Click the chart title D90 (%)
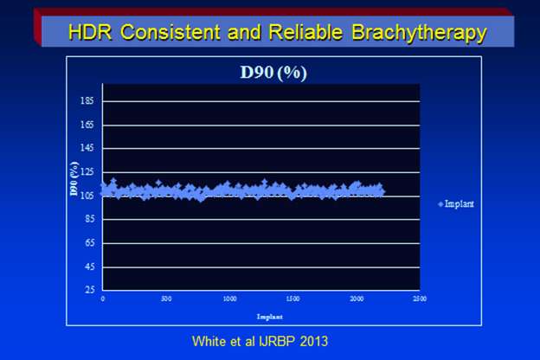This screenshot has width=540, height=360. [x=273, y=72]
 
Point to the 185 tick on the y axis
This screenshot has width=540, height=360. [x=87, y=100]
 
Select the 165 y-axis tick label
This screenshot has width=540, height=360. [x=87, y=125]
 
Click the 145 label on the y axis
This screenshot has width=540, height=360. [x=87, y=149]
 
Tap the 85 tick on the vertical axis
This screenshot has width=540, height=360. [x=89, y=219]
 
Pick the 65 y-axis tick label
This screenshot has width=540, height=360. [x=89, y=243]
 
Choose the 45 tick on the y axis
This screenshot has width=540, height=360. [x=89, y=267]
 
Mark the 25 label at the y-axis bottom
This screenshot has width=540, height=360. [x=89, y=292]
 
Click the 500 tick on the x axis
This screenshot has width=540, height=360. [x=166, y=299]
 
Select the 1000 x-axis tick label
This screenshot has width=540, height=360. [x=229, y=299]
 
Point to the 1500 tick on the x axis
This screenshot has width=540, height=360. [x=292, y=299]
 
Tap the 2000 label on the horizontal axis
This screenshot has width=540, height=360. [x=357, y=299]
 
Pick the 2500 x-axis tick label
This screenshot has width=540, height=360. [x=420, y=299]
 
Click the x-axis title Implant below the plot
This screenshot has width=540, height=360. [x=260, y=313]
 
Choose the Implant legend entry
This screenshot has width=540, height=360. [x=461, y=203]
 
